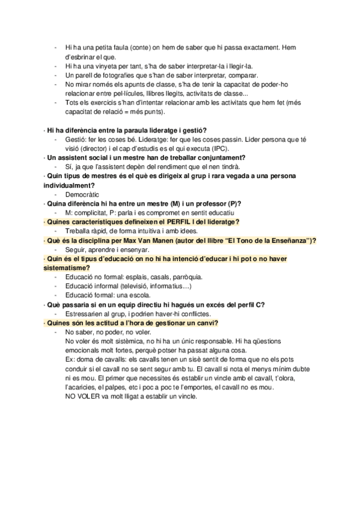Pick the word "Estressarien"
tap(84, 314)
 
